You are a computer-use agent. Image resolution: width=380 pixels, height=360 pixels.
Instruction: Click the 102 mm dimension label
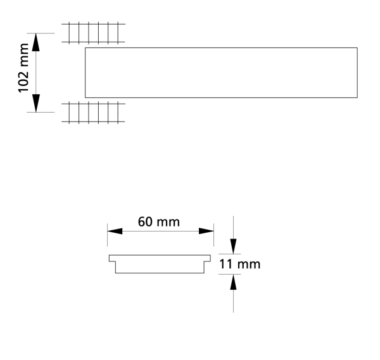point(25,69)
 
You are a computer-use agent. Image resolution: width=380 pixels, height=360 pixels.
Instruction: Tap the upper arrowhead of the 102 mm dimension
point(36,43)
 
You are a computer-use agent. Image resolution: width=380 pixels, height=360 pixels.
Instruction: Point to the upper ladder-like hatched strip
point(94,33)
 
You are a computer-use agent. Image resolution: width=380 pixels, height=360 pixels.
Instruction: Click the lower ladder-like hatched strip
point(94,112)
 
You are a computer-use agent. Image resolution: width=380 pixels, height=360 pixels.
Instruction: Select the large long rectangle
point(221,73)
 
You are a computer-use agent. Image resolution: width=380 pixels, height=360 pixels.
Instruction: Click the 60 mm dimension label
point(159,222)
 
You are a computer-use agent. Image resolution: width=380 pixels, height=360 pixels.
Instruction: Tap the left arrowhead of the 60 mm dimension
point(115,231)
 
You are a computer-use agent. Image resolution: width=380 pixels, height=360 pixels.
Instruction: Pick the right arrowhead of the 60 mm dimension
point(206,231)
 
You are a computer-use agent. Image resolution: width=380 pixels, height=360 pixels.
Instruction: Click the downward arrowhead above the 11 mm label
point(234,246)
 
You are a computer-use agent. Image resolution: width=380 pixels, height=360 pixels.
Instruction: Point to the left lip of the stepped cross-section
point(113,258)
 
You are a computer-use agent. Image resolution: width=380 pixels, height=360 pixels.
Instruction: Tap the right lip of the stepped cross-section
point(208,258)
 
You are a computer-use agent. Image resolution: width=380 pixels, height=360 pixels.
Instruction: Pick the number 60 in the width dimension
point(146,222)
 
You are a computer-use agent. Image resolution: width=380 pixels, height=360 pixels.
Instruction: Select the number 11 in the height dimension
point(225,263)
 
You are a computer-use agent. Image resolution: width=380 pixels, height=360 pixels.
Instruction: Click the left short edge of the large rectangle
point(85,73)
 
